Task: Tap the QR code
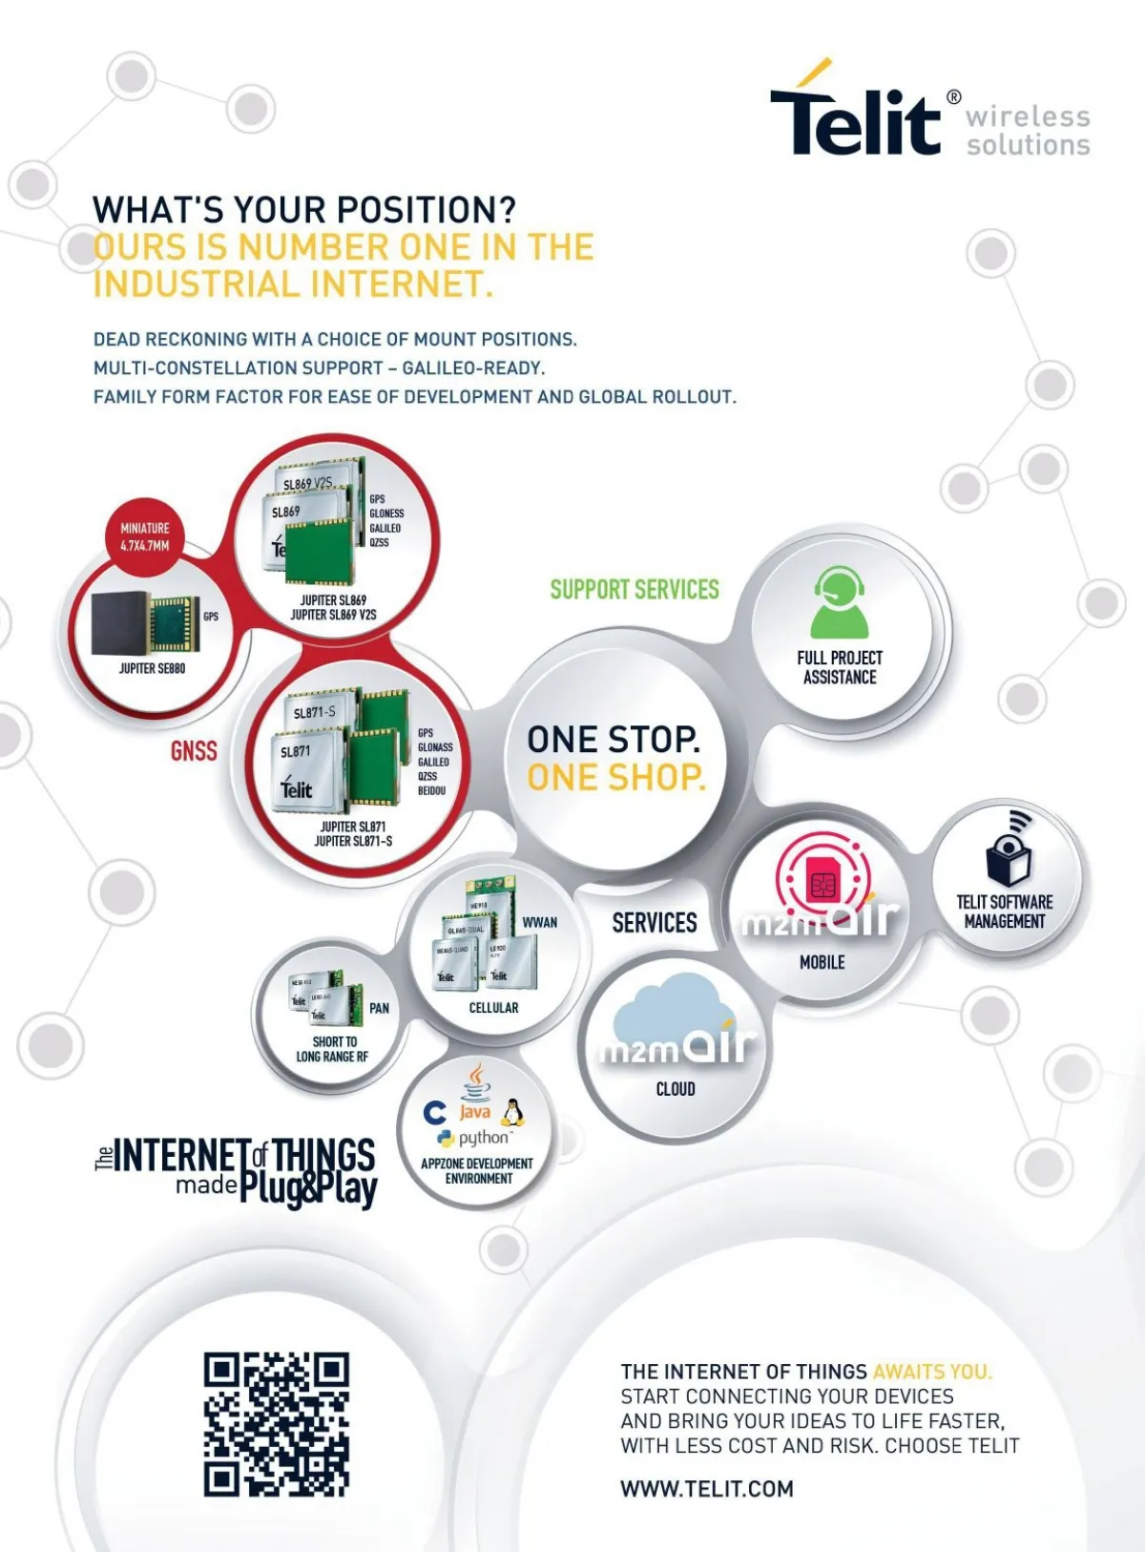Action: tap(276, 1423)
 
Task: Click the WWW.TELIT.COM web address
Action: tap(706, 1489)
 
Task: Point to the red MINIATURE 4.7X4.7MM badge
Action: tap(145, 536)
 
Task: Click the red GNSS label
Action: tap(194, 751)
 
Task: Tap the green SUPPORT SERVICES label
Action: tap(635, 590)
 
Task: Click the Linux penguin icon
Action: tap(512, 1113)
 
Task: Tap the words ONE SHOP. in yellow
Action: tap(616, 778)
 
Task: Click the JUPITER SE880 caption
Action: tap(153, 669)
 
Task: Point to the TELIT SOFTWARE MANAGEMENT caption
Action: tap(1005, 912)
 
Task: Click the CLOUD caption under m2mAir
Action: tap(676, 1089)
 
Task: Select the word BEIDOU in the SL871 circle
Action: tap(431, 790)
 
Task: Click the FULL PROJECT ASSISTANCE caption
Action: tap(840, 667)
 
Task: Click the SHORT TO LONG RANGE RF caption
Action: tap(332, 1049)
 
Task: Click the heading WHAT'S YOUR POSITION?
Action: tap(304, 210)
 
